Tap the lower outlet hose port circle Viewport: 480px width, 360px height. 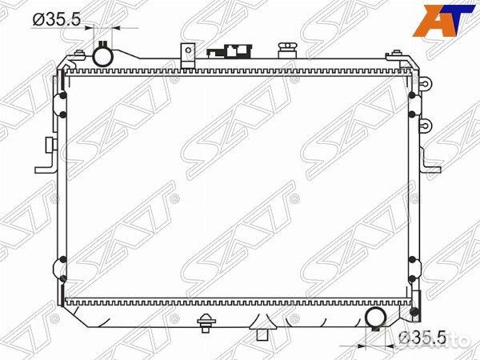click(376, 319)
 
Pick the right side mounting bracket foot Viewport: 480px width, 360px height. click(432, 166)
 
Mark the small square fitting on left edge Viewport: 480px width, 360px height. click(50, 145)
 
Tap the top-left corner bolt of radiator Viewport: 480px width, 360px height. click(79, 54)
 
